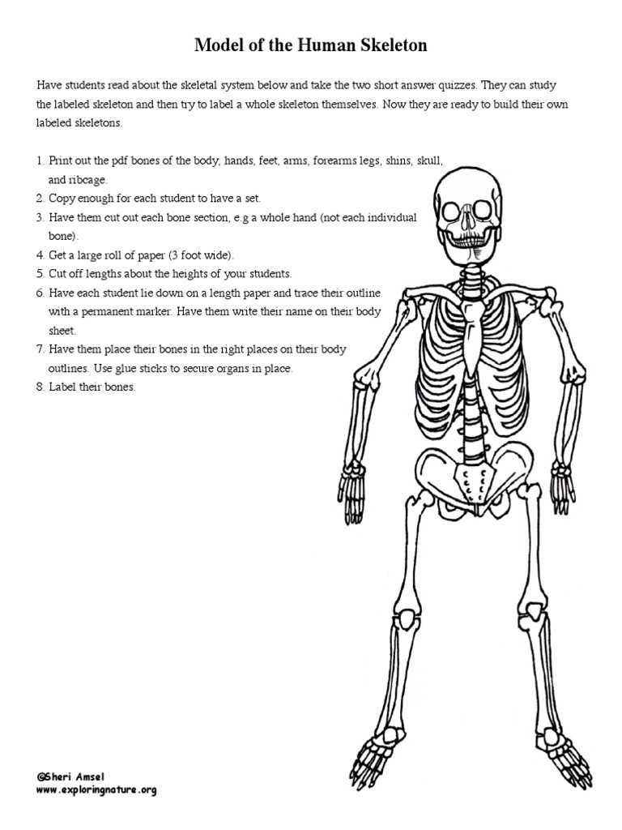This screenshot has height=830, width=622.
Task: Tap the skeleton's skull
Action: (468, 203)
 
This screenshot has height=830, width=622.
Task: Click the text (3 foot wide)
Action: (201, 255)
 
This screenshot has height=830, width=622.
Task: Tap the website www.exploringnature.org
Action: (96, 789)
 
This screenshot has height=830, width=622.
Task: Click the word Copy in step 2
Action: (62, 198)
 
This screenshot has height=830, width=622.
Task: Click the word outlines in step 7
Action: (68, 368)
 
